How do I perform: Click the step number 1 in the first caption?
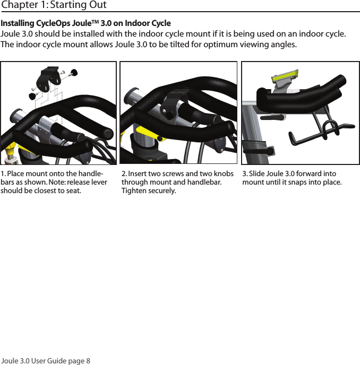(2, 174)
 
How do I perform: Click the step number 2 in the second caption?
(124, 174)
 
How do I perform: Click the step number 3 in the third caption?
(244, 174)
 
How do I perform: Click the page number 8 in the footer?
(88, 361)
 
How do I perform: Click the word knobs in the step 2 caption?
(222, 174)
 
